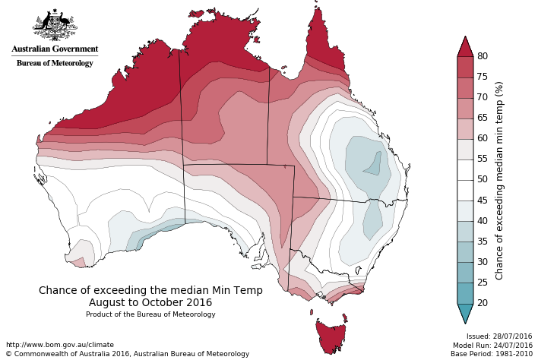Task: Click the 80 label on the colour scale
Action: click(x=482, y=56)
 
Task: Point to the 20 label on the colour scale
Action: click(x=482, y=303)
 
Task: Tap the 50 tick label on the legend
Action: click(x=482, y=180)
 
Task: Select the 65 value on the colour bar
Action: click(x=482, y=118)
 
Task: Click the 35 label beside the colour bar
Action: click(x=482, y=242)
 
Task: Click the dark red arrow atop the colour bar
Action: click(x=465, y=47)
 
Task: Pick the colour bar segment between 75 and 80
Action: click(x=465, y=67)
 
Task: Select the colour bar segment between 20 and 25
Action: click(x=465, y=292)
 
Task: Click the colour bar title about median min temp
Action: click(x=499, y=180)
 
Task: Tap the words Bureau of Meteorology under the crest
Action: click(x=55, y=63)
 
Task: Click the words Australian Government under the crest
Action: click(x=55, y=49)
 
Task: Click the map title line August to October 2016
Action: click(x=150, y=302)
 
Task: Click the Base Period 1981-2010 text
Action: click(x=492, y=354)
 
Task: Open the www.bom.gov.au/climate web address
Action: click(x=59, y=345)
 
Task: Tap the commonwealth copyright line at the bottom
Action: click(x=127, y=354)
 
